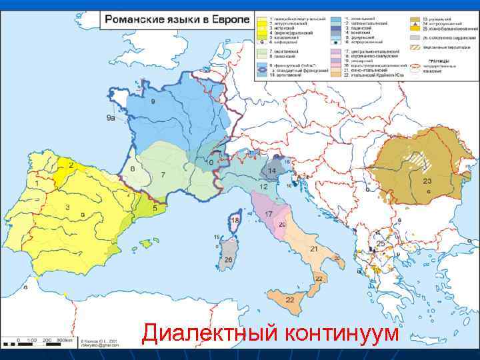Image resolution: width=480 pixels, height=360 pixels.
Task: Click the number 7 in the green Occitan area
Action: click(x=163, y=175)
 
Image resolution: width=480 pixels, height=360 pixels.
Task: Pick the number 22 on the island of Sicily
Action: click(x=290, y=300)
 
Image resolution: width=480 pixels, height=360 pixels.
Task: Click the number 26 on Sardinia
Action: click(x=229, y=259)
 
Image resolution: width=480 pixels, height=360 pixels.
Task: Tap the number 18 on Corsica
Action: click(x=235, y=219)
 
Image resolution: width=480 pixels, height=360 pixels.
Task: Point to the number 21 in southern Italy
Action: click(x=313, y=249)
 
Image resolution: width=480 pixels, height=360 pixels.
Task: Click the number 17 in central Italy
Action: click(x=268, y=214)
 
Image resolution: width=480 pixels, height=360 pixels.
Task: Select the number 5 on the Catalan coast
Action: click(x=155, y=208)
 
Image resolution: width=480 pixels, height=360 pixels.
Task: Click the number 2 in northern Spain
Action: click(x=71, y=165)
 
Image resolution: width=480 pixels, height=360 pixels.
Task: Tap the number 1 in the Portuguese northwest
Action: click(x=35, y=181)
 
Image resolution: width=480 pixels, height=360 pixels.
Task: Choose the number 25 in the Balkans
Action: click(x=381, y=244)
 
